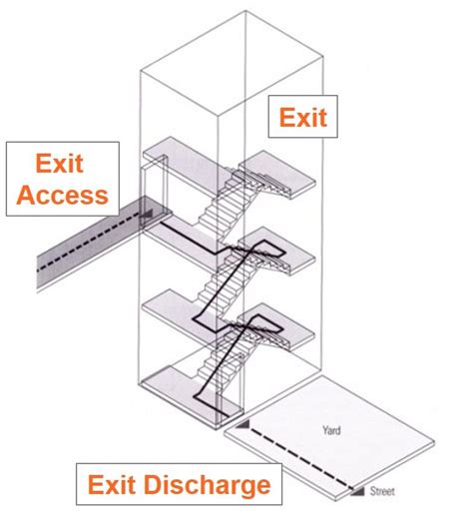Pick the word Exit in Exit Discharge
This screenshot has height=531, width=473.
coord(115,486)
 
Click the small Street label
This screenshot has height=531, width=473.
coord(382,491)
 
